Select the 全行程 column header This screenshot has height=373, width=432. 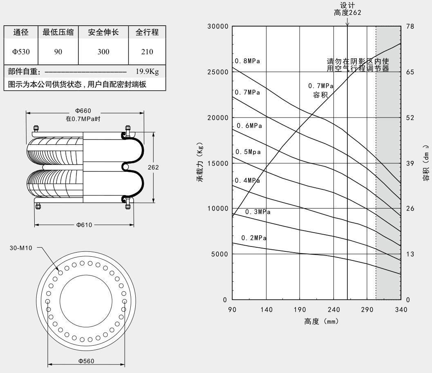coord(147,32)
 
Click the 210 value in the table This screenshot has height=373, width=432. coord(147,52)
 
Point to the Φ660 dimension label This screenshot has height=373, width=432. coord(83,111)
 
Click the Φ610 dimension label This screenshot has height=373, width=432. coord(84,226)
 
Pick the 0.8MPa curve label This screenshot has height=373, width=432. coord(248,61)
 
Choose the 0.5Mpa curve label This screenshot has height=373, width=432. coord(248,152)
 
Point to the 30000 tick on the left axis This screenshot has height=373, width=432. coord(218,27)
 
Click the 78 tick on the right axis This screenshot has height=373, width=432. coord(410,27)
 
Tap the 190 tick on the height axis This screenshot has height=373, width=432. coord(300,310)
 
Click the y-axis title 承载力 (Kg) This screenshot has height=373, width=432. coord(201,162)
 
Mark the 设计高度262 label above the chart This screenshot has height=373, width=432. coord(347,9)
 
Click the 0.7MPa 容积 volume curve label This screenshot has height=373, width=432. coord(321,91)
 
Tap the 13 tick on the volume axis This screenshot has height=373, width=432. coord(410,254)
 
